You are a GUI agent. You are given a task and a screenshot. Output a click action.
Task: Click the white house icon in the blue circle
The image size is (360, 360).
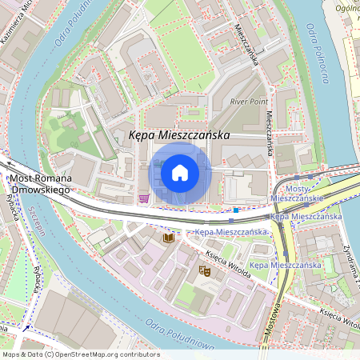coord(180,173)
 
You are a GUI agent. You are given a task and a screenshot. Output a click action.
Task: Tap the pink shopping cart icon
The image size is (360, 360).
coord(143,198)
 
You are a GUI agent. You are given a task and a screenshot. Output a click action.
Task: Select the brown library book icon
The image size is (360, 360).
coord(168,238)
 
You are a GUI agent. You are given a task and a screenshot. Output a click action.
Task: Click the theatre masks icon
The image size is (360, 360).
coord(204,272)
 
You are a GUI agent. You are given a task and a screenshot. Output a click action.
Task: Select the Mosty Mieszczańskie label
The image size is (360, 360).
coord(297,192)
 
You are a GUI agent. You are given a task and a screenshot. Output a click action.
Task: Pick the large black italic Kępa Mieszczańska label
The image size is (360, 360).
coord(179,137)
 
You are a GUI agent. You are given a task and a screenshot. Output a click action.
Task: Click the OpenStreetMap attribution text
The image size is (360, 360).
coord(81,354)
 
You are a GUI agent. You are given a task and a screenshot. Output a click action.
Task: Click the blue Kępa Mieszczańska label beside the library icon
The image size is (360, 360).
coord(231,232)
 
